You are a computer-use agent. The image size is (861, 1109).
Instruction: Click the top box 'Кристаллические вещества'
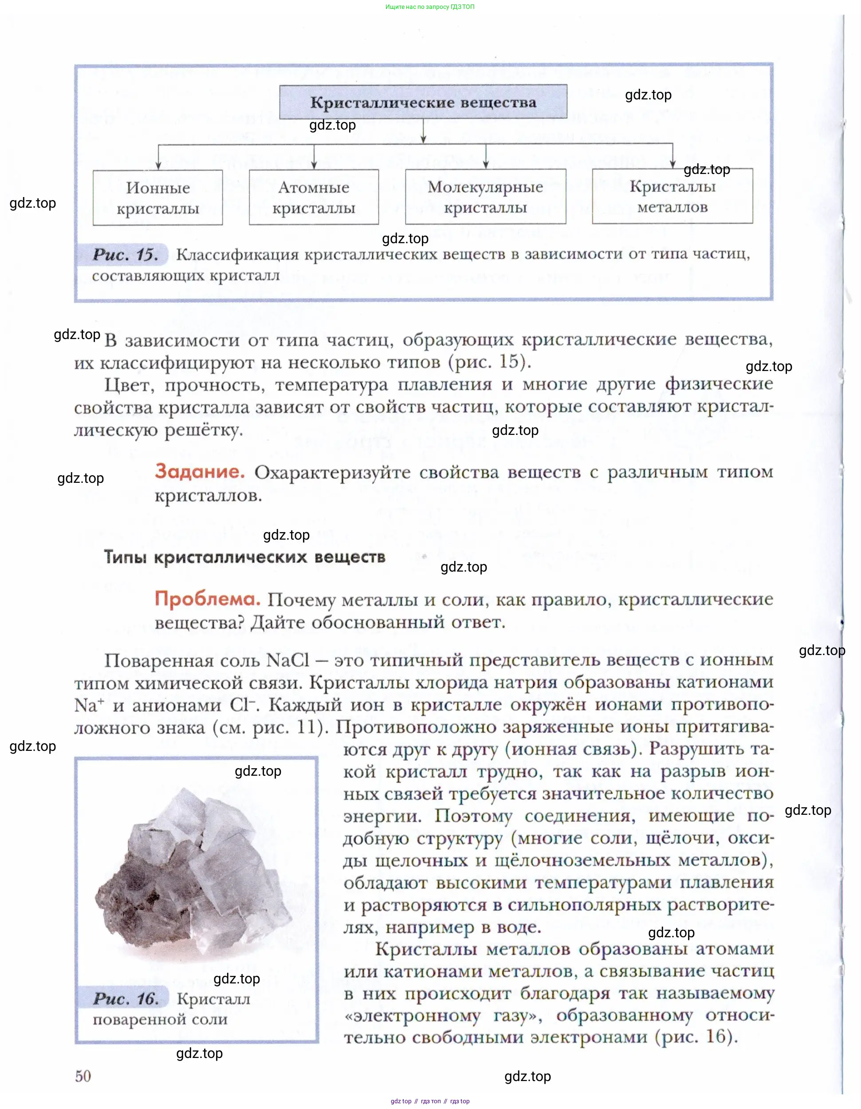coord(423,102)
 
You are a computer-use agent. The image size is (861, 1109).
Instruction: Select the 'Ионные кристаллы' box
coord(157,198)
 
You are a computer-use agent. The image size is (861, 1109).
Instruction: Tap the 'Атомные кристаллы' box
coord(314,197)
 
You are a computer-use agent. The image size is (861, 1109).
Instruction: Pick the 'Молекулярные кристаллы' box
coord(485,197)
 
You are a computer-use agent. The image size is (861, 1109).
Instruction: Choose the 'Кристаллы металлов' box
coord(672,197)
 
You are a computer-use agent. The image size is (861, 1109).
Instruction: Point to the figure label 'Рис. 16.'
coord(126,998)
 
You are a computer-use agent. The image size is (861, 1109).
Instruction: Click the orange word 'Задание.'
coord(200,471)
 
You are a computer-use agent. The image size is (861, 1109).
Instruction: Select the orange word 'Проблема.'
coord(207,599)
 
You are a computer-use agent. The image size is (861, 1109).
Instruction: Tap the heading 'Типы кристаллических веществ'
coord(245,557)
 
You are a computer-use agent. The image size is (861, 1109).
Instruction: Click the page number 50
coord(83,1075)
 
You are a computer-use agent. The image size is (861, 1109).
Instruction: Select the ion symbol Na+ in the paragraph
coord(89,705)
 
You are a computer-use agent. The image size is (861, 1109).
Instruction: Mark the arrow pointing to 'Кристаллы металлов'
coord(672,156)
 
